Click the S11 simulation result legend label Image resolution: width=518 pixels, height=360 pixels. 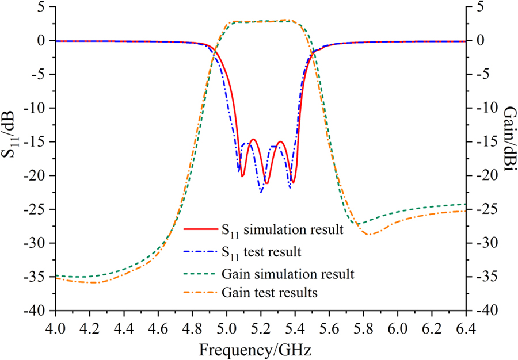coord(282,231)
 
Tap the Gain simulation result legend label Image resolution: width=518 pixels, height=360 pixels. coord(287,273)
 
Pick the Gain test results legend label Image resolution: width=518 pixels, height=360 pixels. coord(269,293)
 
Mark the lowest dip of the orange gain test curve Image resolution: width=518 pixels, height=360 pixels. coord(369,235)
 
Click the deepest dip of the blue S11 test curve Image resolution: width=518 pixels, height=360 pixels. coord(261,192)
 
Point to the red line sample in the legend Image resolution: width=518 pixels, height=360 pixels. coord(200,231)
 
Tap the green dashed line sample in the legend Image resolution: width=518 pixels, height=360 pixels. coord(200,273)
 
